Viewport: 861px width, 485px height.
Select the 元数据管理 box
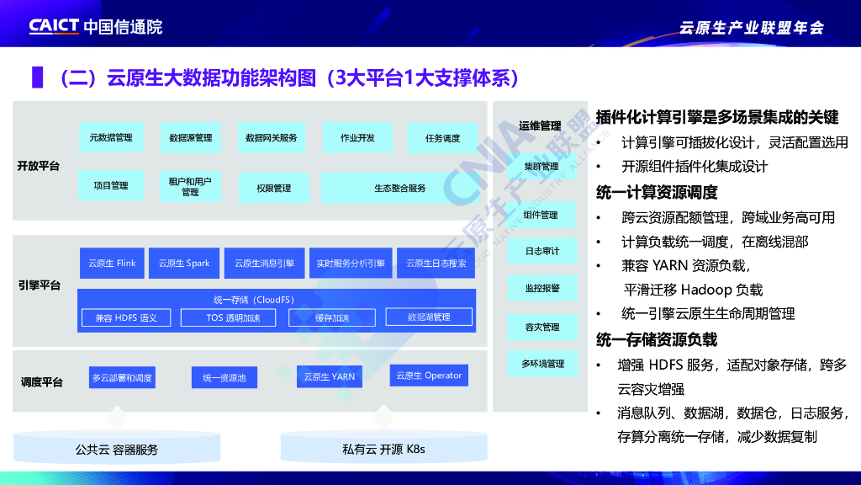[111, 137]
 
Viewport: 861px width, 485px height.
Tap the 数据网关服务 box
[271, 137]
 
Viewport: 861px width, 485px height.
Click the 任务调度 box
[442, 138]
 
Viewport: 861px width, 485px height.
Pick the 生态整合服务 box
[399, 188]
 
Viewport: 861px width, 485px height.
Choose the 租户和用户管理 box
[190, 186]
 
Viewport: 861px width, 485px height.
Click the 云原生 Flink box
[112, 263]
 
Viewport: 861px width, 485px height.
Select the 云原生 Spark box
[184, 263]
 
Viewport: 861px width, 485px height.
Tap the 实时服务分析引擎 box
[351, 263]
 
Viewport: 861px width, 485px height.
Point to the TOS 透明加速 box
[233, 317]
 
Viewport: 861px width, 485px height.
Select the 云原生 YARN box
[330, 376]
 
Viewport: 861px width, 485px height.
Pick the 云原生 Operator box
[429, 376]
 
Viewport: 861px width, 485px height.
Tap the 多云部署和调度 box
[122, 378]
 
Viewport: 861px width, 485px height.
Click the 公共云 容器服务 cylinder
[117, 449]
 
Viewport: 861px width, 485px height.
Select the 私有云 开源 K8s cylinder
[383, 449]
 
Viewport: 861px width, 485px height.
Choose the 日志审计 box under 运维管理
[541, 251]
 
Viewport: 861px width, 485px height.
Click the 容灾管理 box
[541, 327]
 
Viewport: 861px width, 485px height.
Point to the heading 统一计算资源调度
[657, 191]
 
